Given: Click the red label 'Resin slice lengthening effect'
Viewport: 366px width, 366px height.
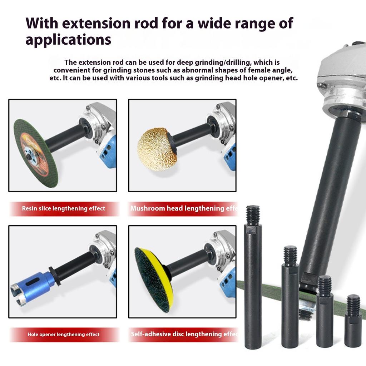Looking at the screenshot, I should click(x=64, y=208).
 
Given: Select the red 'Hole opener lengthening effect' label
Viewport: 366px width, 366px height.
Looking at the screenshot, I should click(x=64, y=335).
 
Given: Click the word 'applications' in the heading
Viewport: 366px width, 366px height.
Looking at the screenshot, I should click(x=68, y=39).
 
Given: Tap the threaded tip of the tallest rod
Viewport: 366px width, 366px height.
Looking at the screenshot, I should click(x=253, y=214).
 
